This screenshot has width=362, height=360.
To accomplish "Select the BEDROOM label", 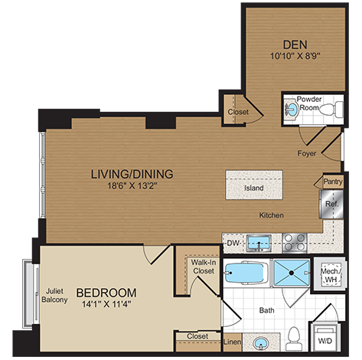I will [x=106, y=293].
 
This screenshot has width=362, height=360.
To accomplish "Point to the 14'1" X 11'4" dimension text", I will [x=106, y=306].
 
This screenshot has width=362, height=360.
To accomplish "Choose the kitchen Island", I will [x=253, y=188].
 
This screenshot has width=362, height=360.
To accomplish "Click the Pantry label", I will [x=332, y=182].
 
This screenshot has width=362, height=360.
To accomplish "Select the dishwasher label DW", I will [x=233, y=244].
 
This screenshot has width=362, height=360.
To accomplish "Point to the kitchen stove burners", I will [x=292, y=243].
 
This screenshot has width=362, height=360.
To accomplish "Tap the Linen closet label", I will [x=233, y=342].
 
